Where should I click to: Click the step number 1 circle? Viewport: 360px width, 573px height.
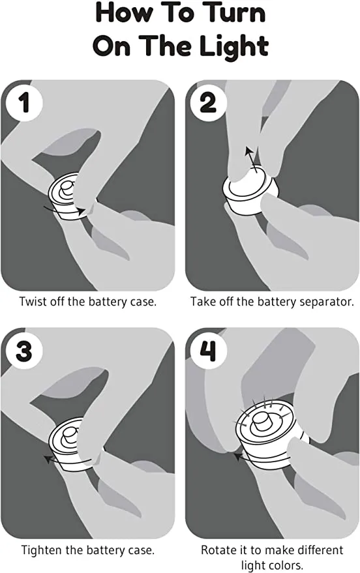pyautogui.click(x=24, y=103)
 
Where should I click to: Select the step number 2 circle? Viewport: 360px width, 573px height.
pyautogui.click(x=208, y=103)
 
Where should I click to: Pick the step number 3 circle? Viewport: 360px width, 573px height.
pyautogui.click(x=24, y=351)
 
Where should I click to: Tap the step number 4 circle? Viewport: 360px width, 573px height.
pyautogui.click(x=208, y=351)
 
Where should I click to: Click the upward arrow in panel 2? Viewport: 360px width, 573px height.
pyautogui.click(x=252, y=158)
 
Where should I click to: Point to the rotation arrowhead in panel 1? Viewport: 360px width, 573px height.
pyautogui.click(x=82, y=211)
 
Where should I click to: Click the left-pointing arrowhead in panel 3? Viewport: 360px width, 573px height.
pyautogui.click(x=48, y=459)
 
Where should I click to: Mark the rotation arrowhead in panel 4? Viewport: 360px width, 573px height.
pyautogui.click(x=238, y=456)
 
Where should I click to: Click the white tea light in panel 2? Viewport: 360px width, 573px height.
pyautogui.click(x=250, y=194)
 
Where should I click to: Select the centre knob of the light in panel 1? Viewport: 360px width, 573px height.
pyautogui.click(x=67, y=188)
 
